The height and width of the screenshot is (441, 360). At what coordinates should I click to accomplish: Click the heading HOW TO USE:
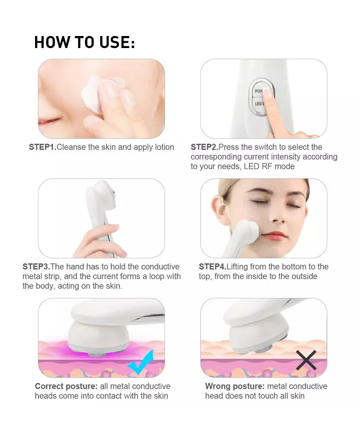(x=84, y=43)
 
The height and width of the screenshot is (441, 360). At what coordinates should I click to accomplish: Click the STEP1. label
(x=42, y=147)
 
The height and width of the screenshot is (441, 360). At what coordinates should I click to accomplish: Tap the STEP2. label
(x=204, y=147)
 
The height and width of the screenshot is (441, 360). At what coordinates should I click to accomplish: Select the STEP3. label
(x=36, y=267)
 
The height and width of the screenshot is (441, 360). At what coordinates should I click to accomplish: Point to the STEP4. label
(x=212, y=267)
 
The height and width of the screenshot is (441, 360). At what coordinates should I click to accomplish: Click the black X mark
(x=305, y=360)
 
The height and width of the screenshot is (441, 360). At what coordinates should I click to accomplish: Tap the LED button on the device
(x=260, y=104)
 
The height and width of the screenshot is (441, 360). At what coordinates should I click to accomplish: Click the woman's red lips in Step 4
(x=275, y=235)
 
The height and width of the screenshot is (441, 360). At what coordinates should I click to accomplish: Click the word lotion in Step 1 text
(x=163, y=147)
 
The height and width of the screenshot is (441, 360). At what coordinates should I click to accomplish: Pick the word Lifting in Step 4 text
(x=239, y=267)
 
